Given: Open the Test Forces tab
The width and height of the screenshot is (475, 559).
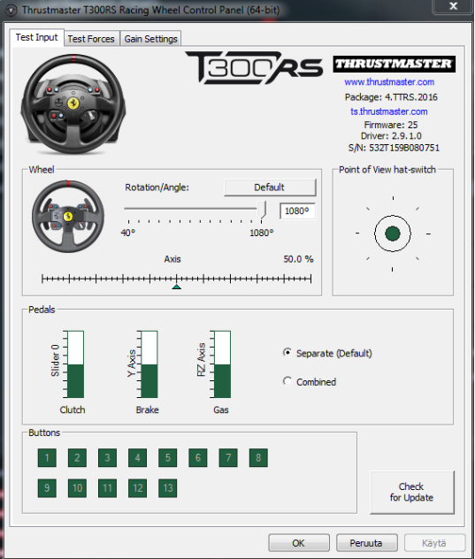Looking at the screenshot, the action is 91,39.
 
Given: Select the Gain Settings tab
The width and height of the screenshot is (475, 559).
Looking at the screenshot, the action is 151,39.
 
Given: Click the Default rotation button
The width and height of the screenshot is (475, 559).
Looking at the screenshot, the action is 270,188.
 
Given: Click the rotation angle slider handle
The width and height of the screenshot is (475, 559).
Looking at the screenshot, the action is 262,210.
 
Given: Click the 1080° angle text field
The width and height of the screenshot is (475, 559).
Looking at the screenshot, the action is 297,211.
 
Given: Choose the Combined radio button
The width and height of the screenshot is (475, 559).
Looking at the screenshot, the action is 287,381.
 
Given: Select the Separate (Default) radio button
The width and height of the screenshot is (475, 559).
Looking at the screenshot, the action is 287,353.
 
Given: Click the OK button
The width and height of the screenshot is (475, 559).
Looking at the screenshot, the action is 298,542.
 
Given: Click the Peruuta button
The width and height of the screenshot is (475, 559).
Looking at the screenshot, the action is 366,542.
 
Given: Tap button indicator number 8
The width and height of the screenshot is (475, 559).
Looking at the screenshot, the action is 258,458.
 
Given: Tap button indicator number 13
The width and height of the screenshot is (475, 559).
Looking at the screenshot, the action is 167,487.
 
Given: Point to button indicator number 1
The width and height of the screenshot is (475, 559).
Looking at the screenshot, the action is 47,458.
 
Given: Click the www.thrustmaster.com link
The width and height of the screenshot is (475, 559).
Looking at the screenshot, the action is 389,82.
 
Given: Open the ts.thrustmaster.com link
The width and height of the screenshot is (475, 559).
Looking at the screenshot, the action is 388,111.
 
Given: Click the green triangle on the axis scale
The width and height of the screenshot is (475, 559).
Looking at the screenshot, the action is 177,287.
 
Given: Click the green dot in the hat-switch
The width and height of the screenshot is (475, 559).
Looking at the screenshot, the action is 393,234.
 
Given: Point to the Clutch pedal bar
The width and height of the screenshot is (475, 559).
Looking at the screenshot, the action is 75,364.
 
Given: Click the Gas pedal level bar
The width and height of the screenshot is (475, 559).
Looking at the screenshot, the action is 223,364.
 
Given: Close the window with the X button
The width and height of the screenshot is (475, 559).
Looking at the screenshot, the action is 453,6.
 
